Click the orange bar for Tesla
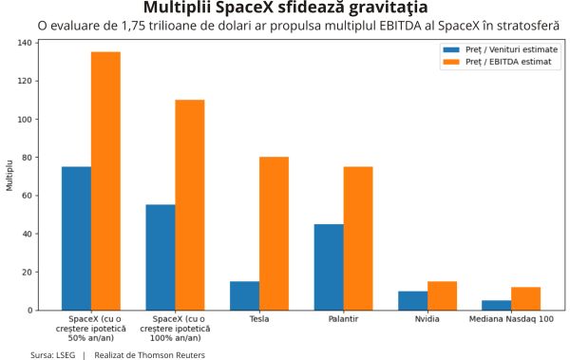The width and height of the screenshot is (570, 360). (x=274, y=234)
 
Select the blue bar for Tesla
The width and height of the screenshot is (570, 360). (x=244, y=295)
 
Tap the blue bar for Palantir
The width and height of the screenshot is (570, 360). (x=329, y=267)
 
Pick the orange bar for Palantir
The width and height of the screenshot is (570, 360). (x=358, y=238)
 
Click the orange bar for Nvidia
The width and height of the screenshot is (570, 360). (x=442, y=295)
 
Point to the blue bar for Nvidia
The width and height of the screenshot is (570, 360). (x=412, y=300)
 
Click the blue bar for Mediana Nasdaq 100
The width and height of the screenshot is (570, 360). (x=496, y=305)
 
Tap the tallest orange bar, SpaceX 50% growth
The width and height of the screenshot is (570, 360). (x=105, y=180)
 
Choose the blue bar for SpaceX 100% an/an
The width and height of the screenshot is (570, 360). (x=161, y=257)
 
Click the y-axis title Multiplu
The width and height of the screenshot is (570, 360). (x=9, y=176)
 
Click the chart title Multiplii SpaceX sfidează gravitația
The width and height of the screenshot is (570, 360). (x=284, y=8)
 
